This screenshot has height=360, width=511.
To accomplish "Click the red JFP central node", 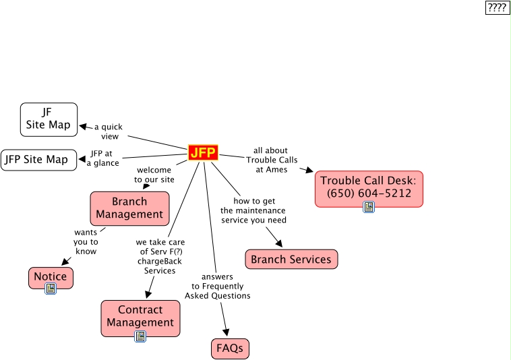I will point(203,153).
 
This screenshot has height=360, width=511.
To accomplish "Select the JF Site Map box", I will point(49,119).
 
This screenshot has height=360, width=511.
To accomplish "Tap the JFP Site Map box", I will point(38,160).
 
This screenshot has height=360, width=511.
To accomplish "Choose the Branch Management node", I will point(129,208).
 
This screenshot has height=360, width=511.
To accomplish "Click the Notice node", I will point(51,276).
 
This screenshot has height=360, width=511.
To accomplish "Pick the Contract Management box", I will point(140,316).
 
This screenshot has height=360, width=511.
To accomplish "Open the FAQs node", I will point(230,349).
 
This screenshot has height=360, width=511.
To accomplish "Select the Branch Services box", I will point(291,259).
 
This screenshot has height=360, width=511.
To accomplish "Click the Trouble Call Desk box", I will point(369,187).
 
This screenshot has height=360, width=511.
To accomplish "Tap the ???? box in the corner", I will point(498,7).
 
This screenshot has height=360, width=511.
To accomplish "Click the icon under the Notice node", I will point(51,289).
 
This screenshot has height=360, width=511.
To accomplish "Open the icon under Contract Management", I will point(140,336).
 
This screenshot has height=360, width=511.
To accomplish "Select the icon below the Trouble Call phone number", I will point(369,207).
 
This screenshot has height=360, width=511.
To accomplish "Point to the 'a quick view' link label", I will point(109,131).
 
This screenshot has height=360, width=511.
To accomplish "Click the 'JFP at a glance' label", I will point(103,158).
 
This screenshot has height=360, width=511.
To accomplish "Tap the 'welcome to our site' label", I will point(154,175).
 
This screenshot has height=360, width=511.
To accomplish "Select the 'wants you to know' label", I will point(86,241).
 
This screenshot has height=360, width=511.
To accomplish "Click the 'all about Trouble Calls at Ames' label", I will point(271,160).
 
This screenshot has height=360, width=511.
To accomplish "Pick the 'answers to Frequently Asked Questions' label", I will point(217,286).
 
